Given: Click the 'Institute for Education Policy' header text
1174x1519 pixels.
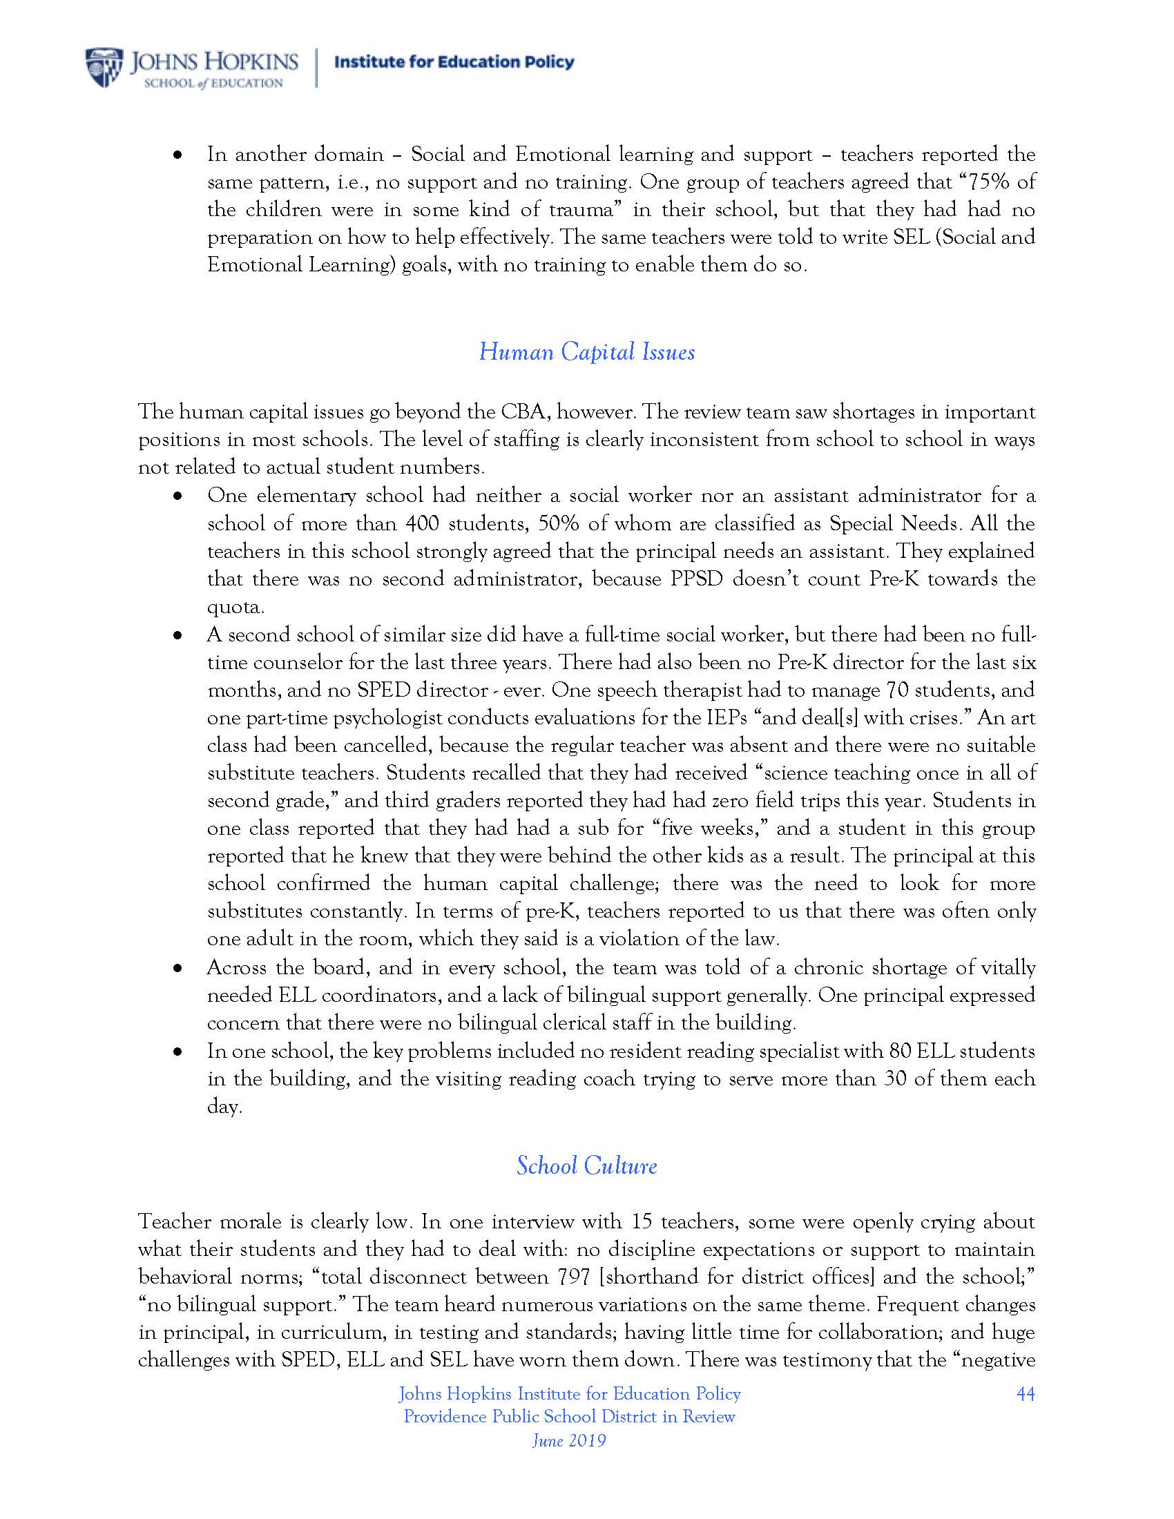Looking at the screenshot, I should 454,62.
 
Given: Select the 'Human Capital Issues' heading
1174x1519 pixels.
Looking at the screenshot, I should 586,352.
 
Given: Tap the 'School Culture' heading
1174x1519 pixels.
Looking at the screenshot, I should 586,1165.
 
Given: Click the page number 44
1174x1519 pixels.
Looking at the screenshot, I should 1025,1394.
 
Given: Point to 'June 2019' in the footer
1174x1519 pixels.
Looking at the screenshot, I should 569,1440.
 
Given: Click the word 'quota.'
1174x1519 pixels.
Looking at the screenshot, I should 235,607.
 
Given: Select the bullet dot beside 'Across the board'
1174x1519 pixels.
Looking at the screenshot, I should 178,968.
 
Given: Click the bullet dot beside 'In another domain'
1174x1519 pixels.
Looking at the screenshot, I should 178,155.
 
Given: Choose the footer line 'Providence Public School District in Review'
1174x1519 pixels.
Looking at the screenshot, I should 569,1417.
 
